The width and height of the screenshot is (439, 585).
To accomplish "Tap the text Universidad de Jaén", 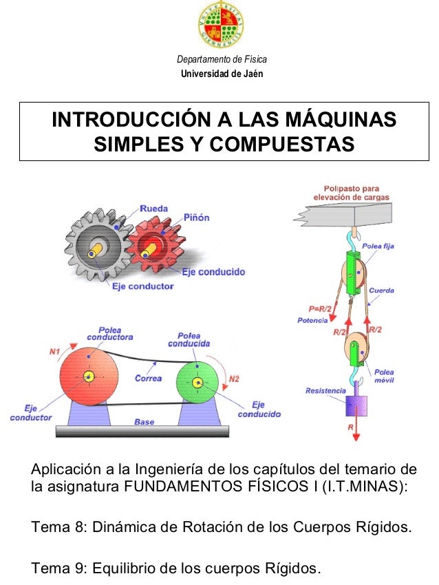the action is click(x=221, y=74).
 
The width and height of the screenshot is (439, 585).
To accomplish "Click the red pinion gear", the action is click(x=156, y=245).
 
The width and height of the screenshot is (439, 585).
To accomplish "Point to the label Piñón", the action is click(x=196, y=217).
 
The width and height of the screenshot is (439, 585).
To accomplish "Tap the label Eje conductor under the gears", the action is click(x=142, y=286).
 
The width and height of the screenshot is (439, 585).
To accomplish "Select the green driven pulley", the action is click(x=197, y=383).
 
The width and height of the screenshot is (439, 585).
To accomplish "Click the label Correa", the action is click(x=148, y=378).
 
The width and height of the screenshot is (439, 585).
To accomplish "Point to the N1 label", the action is click(x=56, y=352).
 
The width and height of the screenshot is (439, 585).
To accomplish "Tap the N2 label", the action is click(x=234, y=379).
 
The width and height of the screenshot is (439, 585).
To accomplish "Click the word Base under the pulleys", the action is click(x=144, y=422).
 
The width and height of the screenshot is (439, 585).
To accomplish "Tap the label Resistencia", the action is click(x=325, y=391).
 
